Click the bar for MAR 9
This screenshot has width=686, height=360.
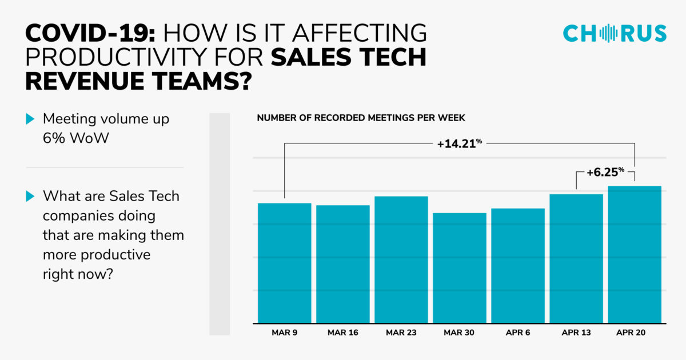pos(284,263)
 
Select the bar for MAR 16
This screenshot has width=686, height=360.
pos(342,264)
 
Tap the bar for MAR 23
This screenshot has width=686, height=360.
pos(401,259)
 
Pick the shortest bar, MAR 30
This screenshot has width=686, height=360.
pos(460,268)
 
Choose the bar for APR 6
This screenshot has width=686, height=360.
pos(518,266)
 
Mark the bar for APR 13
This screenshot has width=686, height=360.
pos(576,258)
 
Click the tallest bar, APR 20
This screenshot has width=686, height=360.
pos(635,254)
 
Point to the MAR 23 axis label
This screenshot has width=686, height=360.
pos(401,333)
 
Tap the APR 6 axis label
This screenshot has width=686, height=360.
pos(518,333)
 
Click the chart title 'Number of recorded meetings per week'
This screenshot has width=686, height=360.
pos(361,118)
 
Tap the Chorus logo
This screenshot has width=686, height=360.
pos(615,33)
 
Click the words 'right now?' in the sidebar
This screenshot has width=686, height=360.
pos(77,274)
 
